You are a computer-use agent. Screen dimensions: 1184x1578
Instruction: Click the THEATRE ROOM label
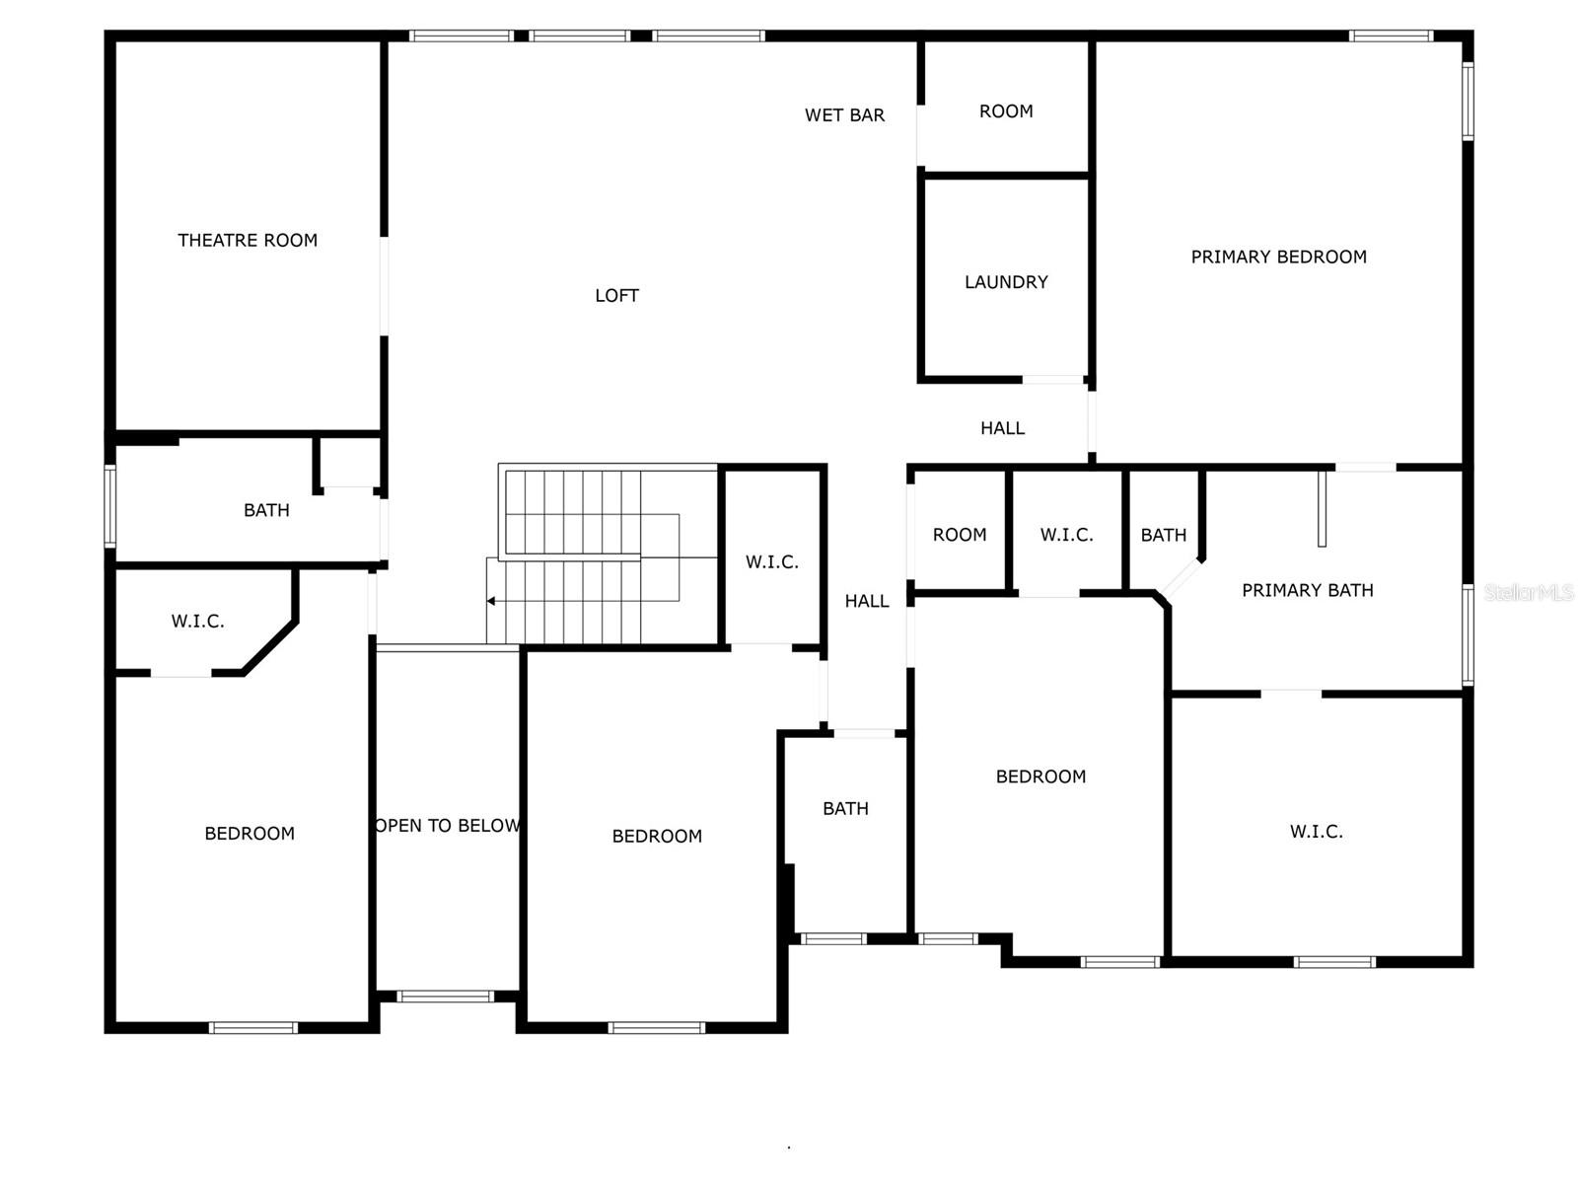[x=248, y=240]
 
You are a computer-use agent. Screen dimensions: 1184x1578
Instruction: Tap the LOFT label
[x=616, y=295]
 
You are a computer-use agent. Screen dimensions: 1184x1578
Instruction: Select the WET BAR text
[x=844, y=115]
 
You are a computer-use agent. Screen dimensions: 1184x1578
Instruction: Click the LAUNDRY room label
[x=1006, y=282]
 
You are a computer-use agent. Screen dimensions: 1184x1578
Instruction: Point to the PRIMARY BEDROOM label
[x=1278, y=257]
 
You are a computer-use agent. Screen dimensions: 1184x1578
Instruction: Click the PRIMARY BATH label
[x=1307, y=590]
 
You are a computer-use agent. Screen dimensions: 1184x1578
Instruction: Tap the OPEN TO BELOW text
[x=448, y=826]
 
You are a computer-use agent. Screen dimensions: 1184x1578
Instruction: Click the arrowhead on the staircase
[x=491, y=601]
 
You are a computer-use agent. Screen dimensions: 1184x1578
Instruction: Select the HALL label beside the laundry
[x=1002, y=428]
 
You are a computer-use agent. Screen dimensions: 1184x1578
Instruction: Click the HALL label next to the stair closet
[x=866, y=601]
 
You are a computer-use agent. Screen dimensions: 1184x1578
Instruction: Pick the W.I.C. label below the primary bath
[x=1316, y=832]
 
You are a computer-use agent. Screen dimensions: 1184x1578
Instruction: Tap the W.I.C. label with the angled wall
[x=197, y=622]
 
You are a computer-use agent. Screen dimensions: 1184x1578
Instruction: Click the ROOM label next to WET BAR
[x=1006, y=111]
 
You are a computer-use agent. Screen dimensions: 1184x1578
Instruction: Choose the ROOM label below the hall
[x=959, y=535]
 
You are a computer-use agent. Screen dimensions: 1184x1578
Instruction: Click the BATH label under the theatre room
[x=266, y=510]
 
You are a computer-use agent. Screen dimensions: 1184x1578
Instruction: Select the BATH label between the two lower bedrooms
[x=845, y=809]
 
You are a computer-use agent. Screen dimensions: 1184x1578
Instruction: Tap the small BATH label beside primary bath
[x=1163, y=535]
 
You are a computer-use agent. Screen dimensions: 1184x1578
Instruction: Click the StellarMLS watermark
[x=1528, y=592]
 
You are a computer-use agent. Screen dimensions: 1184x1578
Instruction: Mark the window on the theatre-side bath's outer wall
[x=110, y=506]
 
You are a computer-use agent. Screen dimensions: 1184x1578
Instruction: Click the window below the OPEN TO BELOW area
[x=445, y=997]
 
